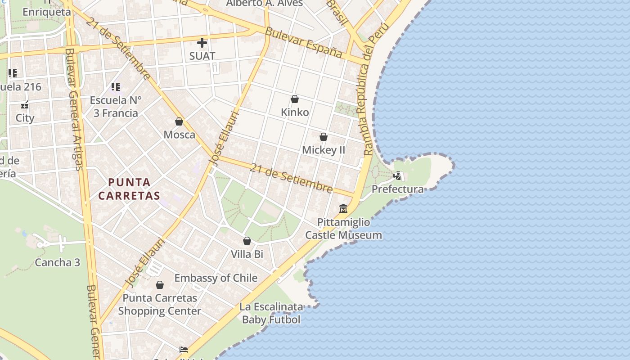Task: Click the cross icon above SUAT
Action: pyautogui.click(x=202, y=43)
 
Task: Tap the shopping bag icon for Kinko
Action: pyautogui.click(x=295, y=99)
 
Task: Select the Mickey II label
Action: pyautogui.click(x=323, y=150)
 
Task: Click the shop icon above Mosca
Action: pyautogui.click(x=179, y=121)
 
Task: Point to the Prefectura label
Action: pyautogui.click(x=397, y=189)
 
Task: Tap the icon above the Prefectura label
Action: pyautogui.click(x=397, y=176)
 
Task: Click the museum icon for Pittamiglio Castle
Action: pyautogui.click(x=343, y=209)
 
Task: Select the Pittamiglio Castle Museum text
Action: pyautogui.click(x=343, y=229)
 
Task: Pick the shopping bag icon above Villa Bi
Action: pyautogui.click(x=247, y=241)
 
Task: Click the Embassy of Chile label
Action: pyautogui.click(x=216, y=278)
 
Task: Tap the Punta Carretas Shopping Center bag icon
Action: pyautogui.click(x=159, y=285)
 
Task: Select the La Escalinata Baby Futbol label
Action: pyautogui.click(x=271, y=313)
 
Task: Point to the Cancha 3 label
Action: pyautogui.click(x=57, y=262)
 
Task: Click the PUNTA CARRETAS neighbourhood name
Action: pyautogui.click(x=130, y=189)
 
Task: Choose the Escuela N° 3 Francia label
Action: pyautogui.click(x=116, y=107)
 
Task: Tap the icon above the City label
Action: pyautogui.click(x=25, y=105)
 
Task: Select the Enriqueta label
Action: pyautogui.click(x=47, y=12)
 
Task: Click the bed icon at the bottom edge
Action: pyautogui.click(x=183, y=349)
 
